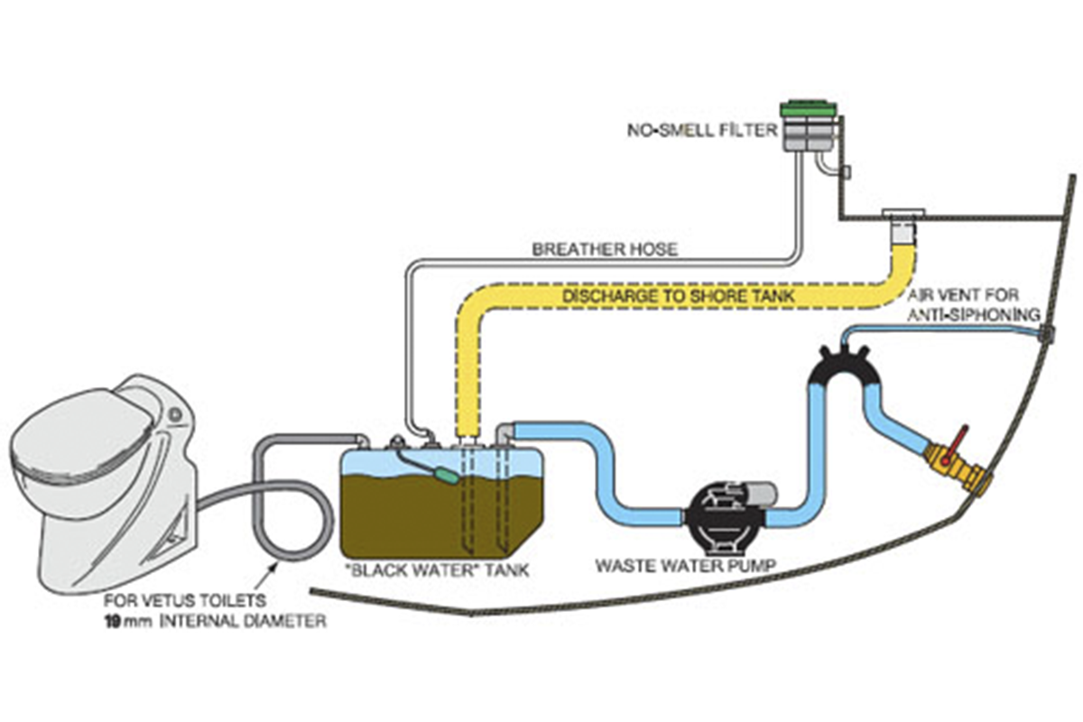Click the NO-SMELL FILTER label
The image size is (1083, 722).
[x=702, y=130]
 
